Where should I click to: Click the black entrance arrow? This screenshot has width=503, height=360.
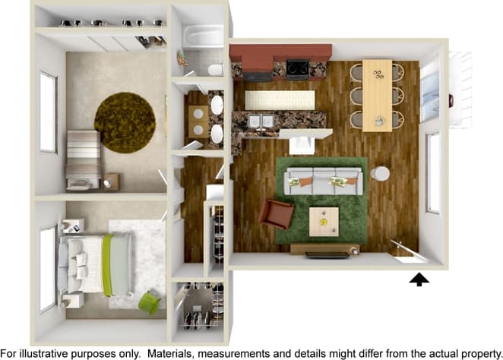coord(419,279)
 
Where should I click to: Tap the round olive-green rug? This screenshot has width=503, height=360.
coord(125,122)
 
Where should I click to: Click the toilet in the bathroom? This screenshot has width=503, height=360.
coord(215,70)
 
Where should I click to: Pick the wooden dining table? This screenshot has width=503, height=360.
coord(377,95)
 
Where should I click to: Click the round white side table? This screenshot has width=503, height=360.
coord(380,173)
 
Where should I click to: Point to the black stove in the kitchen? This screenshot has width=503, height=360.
coord(296,68)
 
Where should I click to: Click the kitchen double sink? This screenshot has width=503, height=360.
coord(260,122)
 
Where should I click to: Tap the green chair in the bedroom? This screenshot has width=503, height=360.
coord(149,302)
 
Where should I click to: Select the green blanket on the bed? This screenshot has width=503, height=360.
coord(108,264)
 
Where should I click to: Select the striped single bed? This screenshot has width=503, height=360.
coord(83,158)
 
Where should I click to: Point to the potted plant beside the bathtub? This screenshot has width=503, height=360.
coord(182,58)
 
